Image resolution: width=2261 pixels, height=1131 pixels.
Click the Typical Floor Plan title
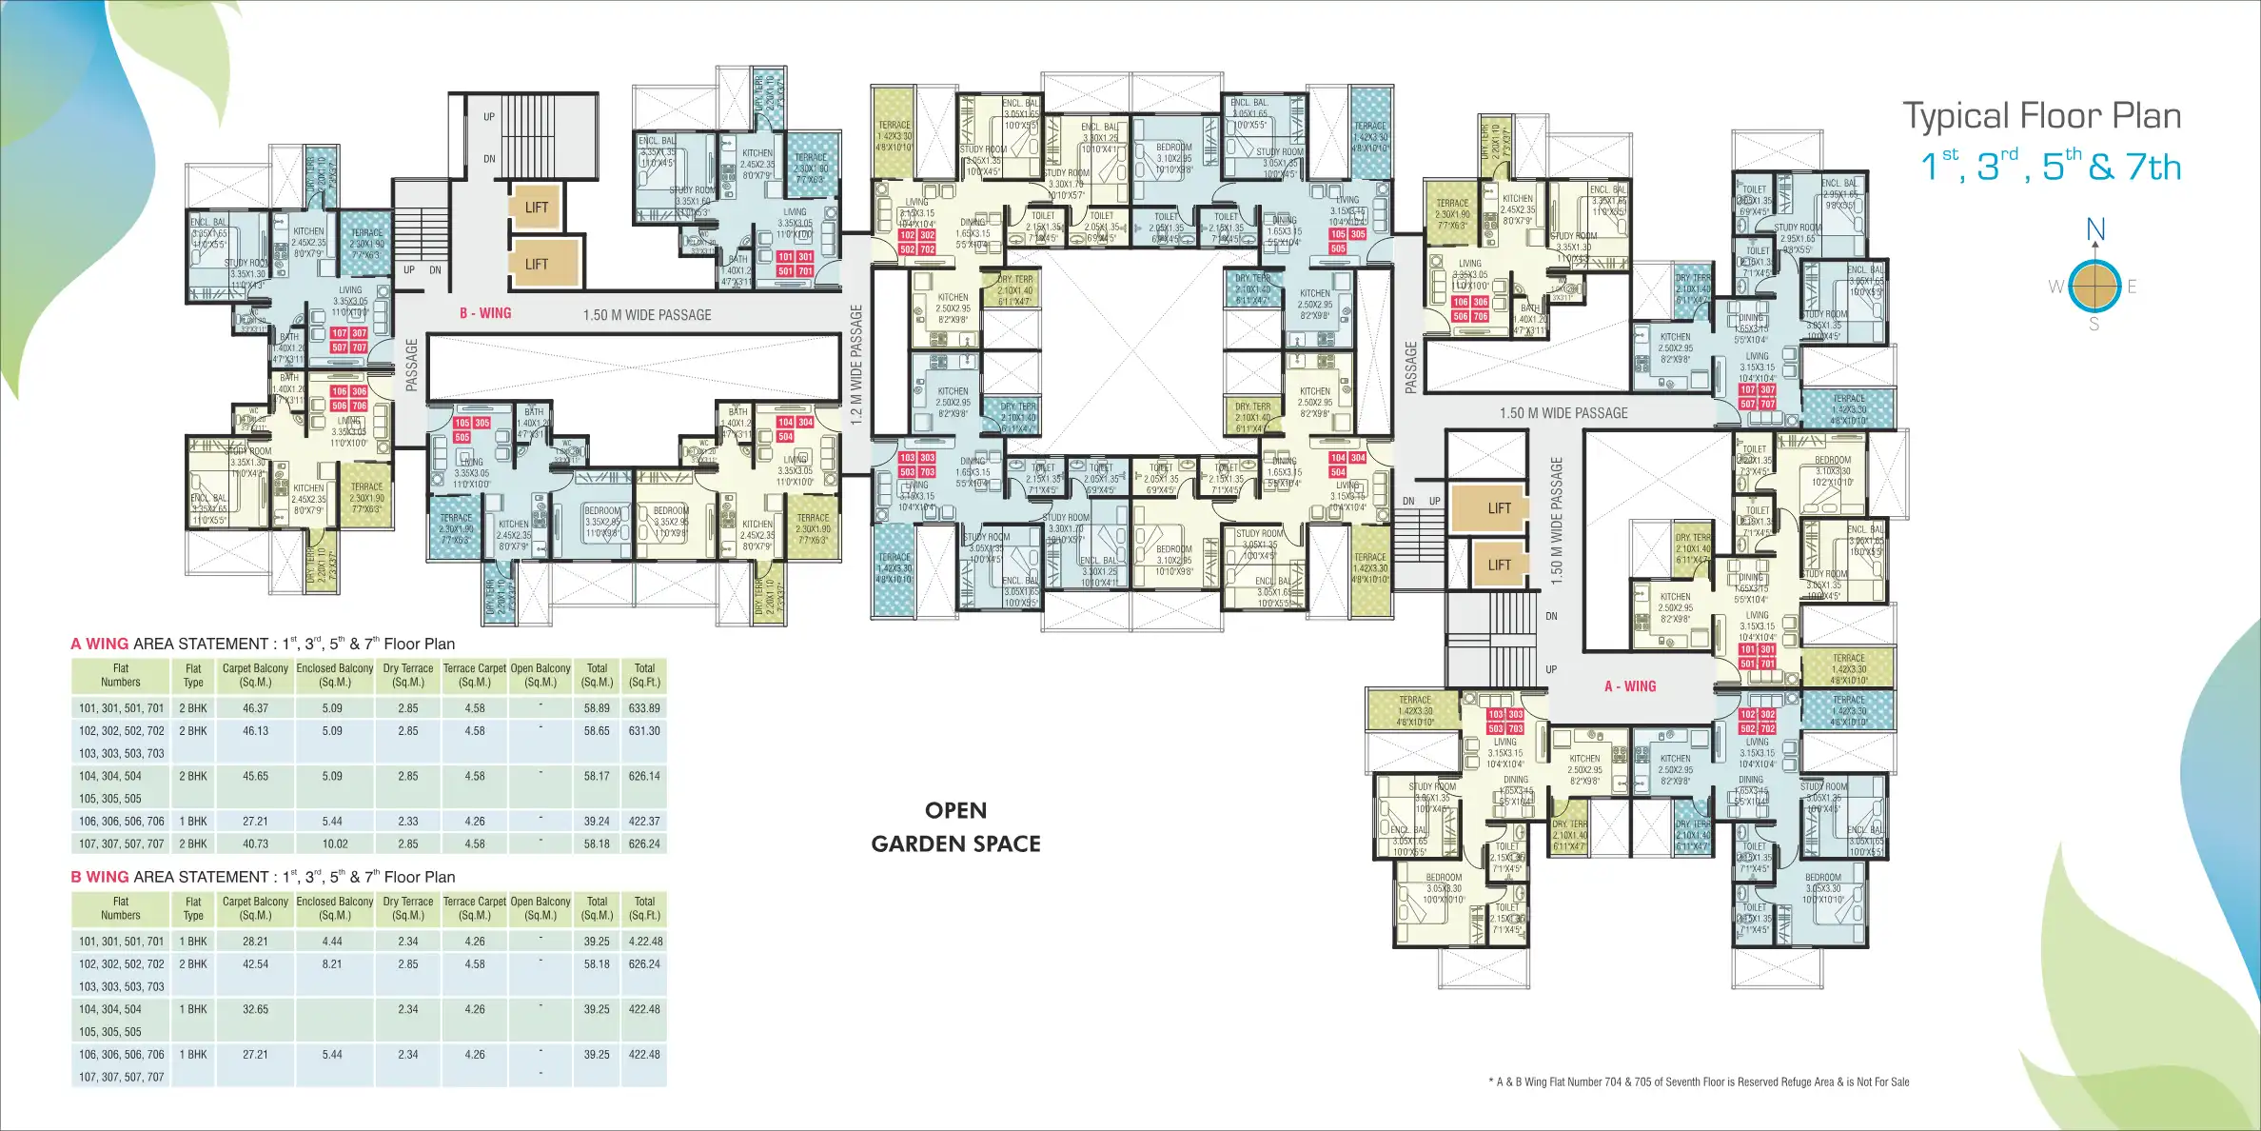point(2041,116)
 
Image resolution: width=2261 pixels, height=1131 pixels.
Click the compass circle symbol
point(2094,286)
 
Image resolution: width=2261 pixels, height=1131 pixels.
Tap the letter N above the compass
point(2095,229)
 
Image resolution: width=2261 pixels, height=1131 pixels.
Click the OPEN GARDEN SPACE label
point(955,826)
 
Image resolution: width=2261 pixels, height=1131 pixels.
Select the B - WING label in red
point(485,313)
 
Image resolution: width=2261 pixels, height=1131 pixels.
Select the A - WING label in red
point(1630,686)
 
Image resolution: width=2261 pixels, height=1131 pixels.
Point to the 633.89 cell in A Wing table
point(644,708)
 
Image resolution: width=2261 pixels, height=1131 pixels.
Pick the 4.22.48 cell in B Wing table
point(645,942)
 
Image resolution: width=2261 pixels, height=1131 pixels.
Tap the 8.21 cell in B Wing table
point(332,964)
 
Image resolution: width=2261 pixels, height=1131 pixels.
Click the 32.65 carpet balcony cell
point(255,1009)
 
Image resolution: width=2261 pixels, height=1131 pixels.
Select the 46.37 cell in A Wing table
point(255,708)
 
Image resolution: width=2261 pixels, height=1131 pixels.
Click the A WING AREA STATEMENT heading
point(263,645)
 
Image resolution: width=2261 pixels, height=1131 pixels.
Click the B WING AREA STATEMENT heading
point(263,878)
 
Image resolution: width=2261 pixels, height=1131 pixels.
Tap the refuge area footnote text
point(1699,1081)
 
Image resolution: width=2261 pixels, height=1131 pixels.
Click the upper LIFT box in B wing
point(537,208)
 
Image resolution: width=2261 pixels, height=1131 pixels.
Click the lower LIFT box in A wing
point(1499,565)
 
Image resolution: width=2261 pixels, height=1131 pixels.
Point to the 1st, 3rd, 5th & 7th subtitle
point(2050,168)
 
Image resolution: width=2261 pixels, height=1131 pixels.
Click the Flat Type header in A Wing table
point(193,675)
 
